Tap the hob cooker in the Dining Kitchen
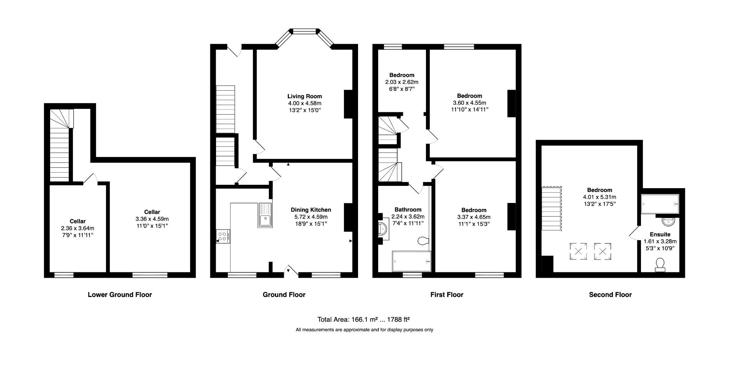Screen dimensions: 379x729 pyautogui.click(x=223, y=236)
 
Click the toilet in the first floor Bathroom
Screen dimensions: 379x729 pyautogui.click(x=423, y=241)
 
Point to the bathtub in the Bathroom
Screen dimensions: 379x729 pyautogui.click(x=412, y=261)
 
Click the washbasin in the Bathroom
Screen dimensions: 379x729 pyautogui.click(x=382, y=230)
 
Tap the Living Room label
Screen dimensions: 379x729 pyautogui.click(x=305, y=96)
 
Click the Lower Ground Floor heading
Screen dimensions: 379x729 pyautogui.click(x=120, y=294)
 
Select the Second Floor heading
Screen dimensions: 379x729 pyautogui.click(x=610, y=294)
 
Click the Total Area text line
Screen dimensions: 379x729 pyautogui.click(x=363, y=319)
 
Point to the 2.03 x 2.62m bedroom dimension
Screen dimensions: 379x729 pyautogui.click(x=402, y=82)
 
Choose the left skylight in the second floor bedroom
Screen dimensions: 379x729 pyautogui.click(x=578, y=251)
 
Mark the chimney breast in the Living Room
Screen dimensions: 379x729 pyautogui.click(x=349, y=104)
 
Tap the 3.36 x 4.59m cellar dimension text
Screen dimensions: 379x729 pyautogui.click(x=152, y=219)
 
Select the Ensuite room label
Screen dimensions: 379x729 pyautogui.click(x=660, y=234)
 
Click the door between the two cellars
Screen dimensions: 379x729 pyautogui.click(x=90, y=179)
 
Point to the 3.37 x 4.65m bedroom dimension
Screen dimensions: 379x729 pyautogui.click(x=474, y=217)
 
